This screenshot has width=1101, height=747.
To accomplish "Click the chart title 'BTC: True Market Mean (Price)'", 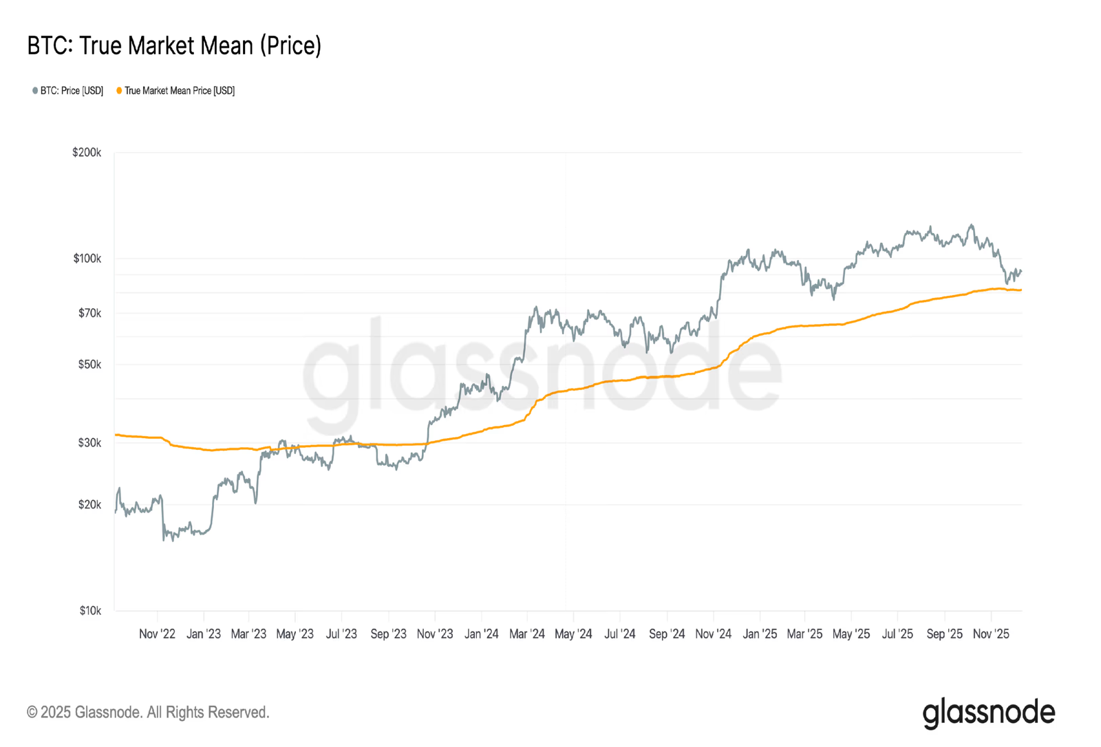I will click(x=174, y=46).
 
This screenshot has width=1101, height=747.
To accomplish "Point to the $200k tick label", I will click(x=87, y=152).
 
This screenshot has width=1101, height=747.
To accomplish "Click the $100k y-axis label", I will click(x=87, y=259).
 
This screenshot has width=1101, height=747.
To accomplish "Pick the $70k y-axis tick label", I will click(x=89, y=313).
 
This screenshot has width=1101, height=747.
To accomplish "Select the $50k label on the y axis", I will click(x=89, y=365).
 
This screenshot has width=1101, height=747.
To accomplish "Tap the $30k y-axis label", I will click(x=89, y=443).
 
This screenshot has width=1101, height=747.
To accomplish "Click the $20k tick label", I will click(x=89, y=505).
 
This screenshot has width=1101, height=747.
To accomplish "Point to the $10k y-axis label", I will click(x=89, y=611).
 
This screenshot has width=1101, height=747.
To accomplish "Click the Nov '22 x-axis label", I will click(x=157, y=634).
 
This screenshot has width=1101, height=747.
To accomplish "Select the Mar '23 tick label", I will click(x=248, y=634).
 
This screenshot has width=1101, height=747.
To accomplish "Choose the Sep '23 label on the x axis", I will click(x=388, y=634).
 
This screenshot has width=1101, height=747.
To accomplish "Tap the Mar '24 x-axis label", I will click(x=526, y=634).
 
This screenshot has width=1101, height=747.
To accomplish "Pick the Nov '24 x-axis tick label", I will click(x=713, y=634).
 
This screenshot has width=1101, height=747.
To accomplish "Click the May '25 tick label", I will click(x=851, y=634).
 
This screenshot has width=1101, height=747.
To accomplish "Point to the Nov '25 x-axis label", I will click(x=991, y=634).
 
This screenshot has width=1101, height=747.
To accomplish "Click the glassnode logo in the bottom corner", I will click(x=988, y=713).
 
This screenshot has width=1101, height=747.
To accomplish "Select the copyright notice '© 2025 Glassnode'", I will click(x=148, y=713).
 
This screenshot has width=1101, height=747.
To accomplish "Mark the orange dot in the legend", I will click(x=119, y=91).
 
